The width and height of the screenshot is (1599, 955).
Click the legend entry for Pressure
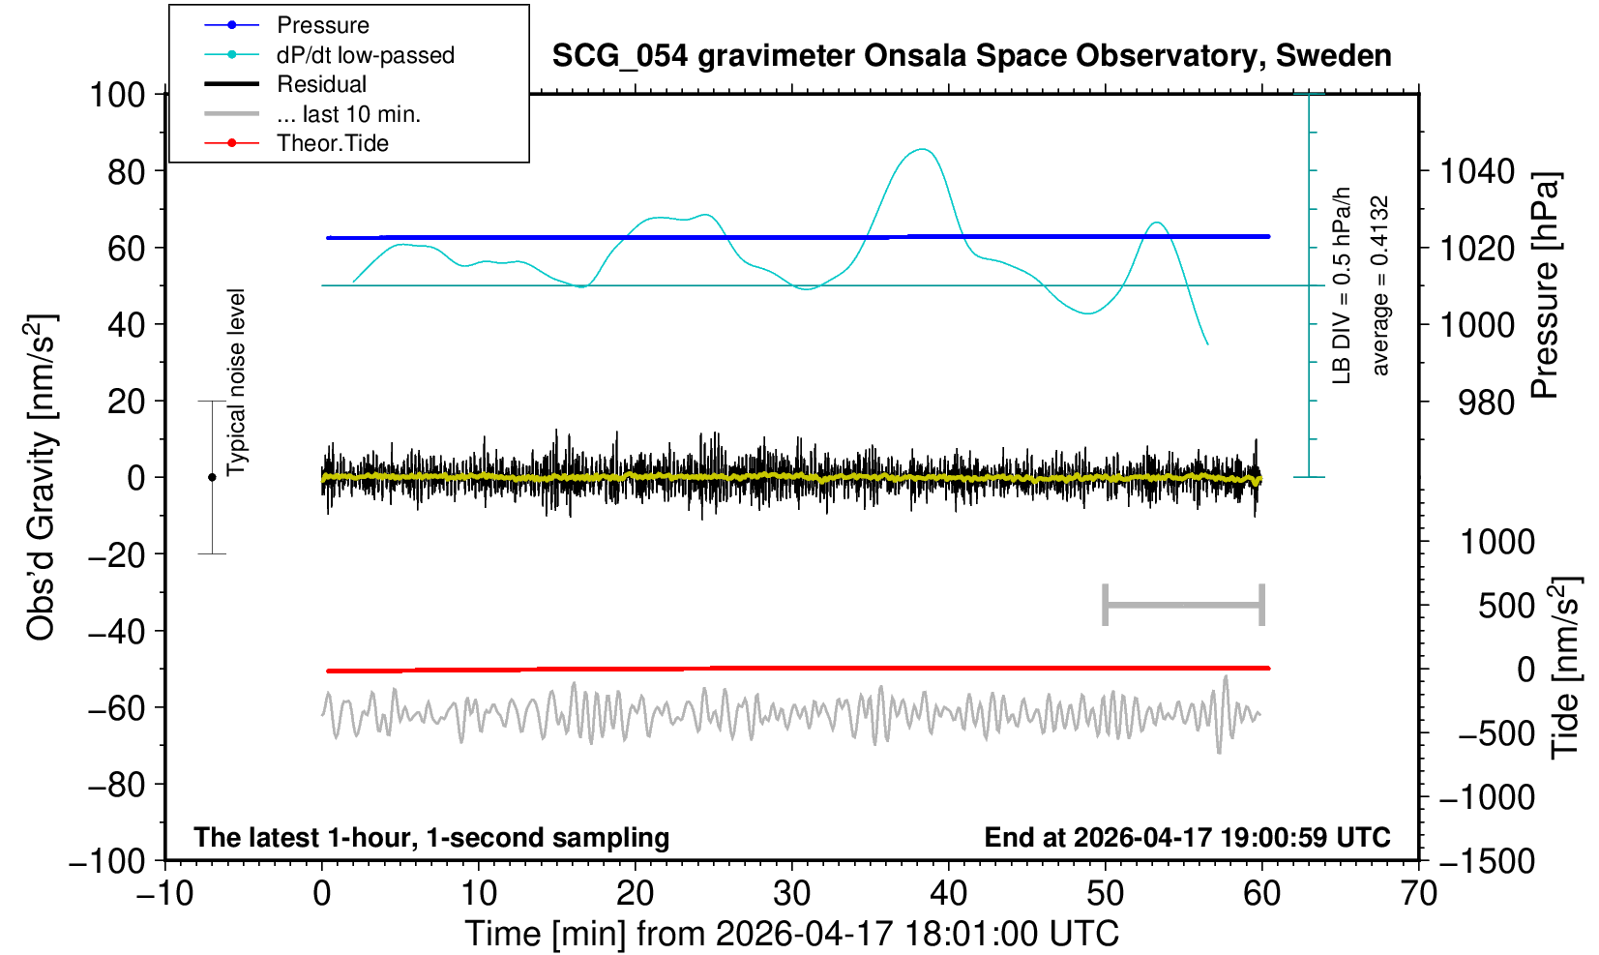(323, 25)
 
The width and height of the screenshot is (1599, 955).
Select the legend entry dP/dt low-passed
(366, 55)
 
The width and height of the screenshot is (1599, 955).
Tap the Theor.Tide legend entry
(333, 143)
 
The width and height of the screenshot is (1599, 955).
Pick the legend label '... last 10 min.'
(348, 113)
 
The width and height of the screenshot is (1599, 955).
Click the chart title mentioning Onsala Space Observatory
(971, 55)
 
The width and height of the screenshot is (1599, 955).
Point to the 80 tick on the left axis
(127, 171)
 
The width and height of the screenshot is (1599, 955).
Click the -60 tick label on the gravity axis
(116, 708)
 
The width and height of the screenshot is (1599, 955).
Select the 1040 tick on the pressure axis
(1477, 171)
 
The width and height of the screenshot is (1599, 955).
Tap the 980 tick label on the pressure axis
(1486, 403)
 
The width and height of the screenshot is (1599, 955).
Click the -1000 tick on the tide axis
(1486, 797)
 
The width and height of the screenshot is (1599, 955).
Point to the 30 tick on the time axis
(791, 893)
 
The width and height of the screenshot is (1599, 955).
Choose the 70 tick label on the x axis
(1418, 893)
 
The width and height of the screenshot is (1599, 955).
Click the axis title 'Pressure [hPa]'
(1546, 285)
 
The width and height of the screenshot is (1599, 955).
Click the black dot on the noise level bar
(212, 477)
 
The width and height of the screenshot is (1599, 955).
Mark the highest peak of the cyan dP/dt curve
(923, 149)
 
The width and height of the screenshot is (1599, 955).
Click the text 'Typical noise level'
(236, 382)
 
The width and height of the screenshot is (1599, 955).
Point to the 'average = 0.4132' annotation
(1380, 285)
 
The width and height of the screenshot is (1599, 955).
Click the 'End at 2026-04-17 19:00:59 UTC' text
(1187, 837)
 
